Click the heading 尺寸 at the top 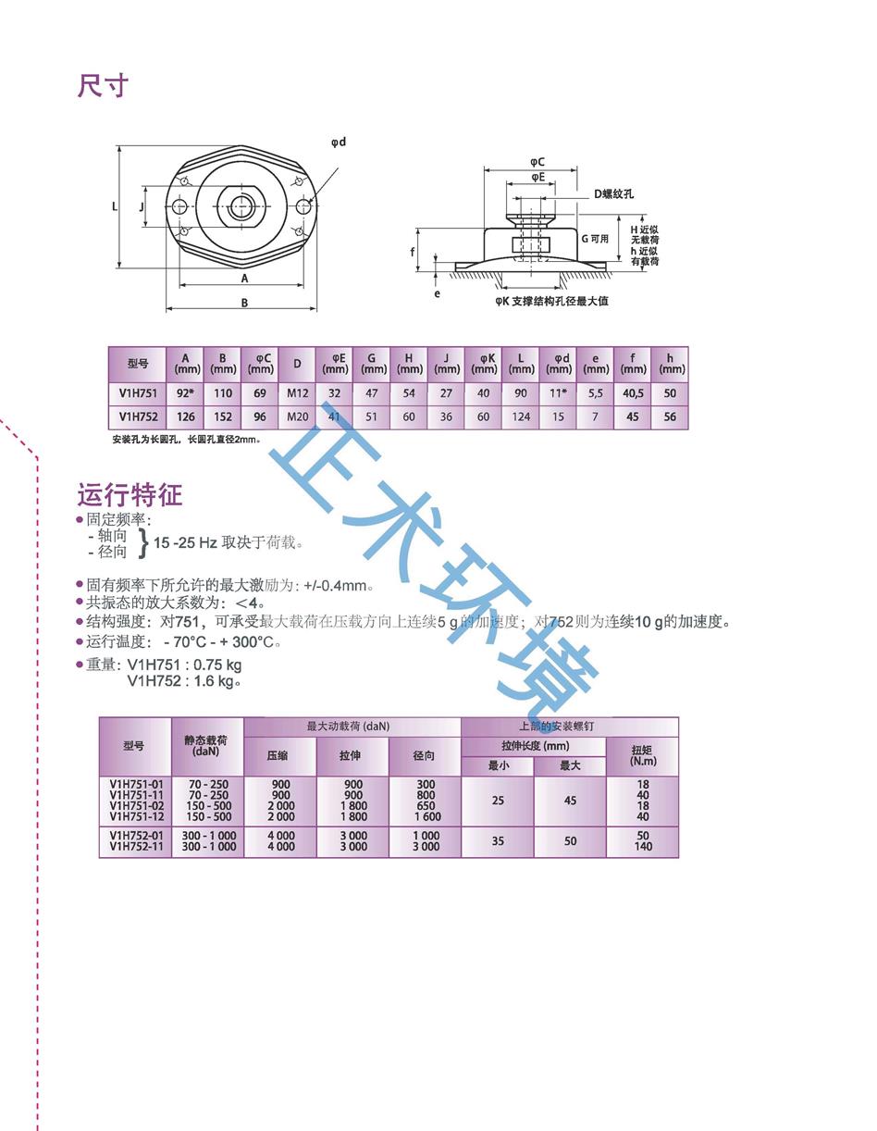(103, 86)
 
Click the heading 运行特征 (130, 493)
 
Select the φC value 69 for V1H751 (260, 392)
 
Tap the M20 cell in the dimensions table (297, 416)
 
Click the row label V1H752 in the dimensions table (138, 416)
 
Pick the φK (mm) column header (484, 363)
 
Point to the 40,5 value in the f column (633, 392)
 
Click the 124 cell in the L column (521, 416)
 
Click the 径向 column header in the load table (425, 755)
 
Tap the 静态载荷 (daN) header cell (206, 746)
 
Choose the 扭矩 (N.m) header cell (642, 755)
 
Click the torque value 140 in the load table (643, 846)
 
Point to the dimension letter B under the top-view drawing (244, 303)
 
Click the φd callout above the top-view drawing (338, 142)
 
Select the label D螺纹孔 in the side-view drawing (613, 194)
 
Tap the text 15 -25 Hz (186, 543)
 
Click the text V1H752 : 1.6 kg (184, 681)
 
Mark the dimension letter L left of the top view (116, 206)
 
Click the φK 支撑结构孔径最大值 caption (551, 301)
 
